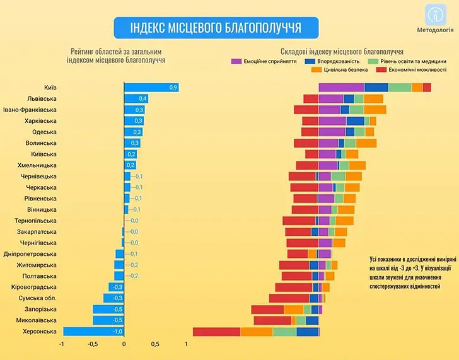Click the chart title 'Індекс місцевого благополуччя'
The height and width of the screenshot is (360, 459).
coord(215,28)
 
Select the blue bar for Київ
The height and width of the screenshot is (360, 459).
coord(151,87)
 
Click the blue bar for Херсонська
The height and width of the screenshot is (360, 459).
coord(93,332)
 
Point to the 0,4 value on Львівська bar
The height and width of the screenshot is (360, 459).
coord(143,99)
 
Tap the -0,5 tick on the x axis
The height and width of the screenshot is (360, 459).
coord(92,345)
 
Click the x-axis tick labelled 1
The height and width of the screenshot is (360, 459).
coord(187,345)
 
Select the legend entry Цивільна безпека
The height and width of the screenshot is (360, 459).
coord(340,70)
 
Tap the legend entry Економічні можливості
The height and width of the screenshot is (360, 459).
coord(404,70)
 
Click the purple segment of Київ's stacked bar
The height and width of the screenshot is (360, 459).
coord(341,87)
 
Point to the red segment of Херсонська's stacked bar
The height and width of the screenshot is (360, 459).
coord(216,332)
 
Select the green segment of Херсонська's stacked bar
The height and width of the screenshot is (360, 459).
coord(284,332)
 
